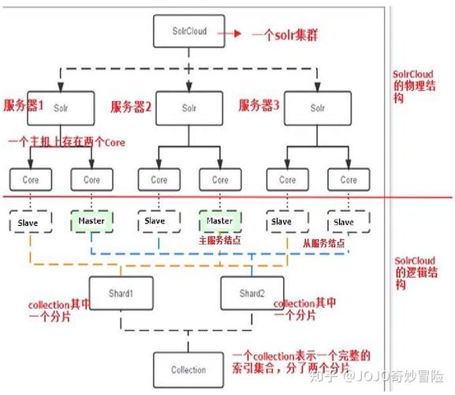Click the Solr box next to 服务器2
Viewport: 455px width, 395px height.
[188, 107]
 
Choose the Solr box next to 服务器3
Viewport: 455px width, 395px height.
[317, 107]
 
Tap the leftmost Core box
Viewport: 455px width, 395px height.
[31, 179]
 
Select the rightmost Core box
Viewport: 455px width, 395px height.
[348, 179]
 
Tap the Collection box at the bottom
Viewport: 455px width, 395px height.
[188, 369]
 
